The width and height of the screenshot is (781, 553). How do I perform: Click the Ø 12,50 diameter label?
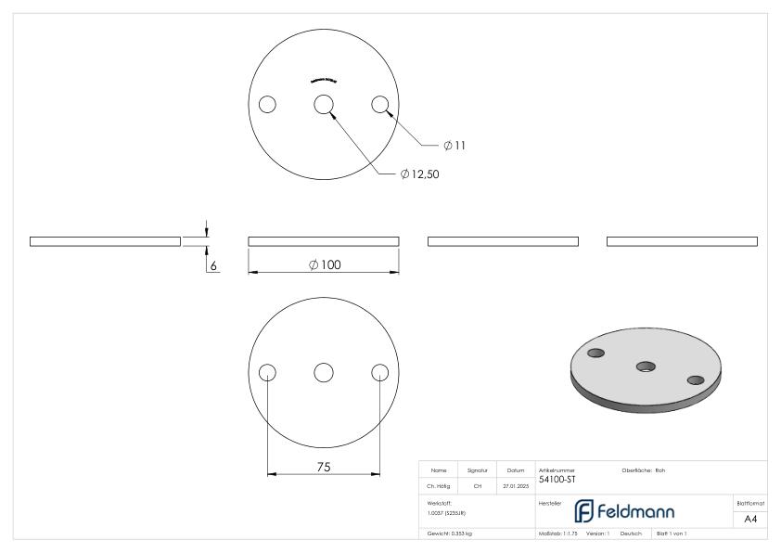(419, 174)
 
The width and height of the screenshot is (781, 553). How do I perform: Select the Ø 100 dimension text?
(324, 264)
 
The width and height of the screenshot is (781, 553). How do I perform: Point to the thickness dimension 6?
(212, 265)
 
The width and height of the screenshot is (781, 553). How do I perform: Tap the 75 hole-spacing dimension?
(323, 467)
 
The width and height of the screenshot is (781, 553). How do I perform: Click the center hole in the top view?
(324, 105)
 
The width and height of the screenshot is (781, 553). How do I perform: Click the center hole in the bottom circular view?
(324, 372)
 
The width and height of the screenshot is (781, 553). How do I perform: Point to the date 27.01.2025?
(515, 484)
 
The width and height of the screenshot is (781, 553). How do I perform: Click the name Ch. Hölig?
(441, 484)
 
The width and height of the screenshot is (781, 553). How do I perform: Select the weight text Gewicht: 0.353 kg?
(449, 534)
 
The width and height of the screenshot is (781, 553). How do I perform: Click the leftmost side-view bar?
(105, 241)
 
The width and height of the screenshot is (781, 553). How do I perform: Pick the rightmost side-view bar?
(682, 241)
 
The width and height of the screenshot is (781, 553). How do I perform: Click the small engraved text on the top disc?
(324, 80)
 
